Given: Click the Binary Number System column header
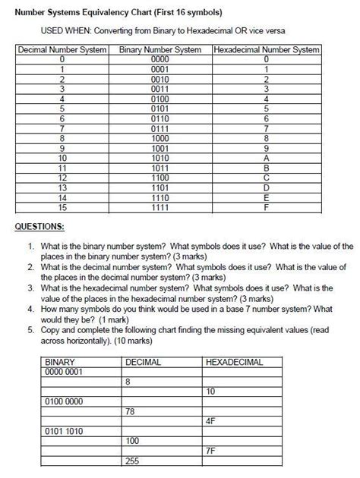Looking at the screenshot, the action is [x=160, y=50].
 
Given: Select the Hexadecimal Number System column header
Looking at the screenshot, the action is [x=267, y=50].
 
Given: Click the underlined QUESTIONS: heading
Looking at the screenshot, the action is [x=40, y=226].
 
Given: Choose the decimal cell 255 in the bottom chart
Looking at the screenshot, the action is [x=133, y=460].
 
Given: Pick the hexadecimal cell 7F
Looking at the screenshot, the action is [x=213, y=450].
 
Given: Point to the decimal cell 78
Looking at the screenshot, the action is [x=131, y=410].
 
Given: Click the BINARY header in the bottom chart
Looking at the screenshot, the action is [x=61, y=362].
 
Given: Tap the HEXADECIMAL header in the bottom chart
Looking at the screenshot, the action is [x=234, y=362].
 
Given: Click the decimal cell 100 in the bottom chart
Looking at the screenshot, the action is [x=133, y=440].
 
